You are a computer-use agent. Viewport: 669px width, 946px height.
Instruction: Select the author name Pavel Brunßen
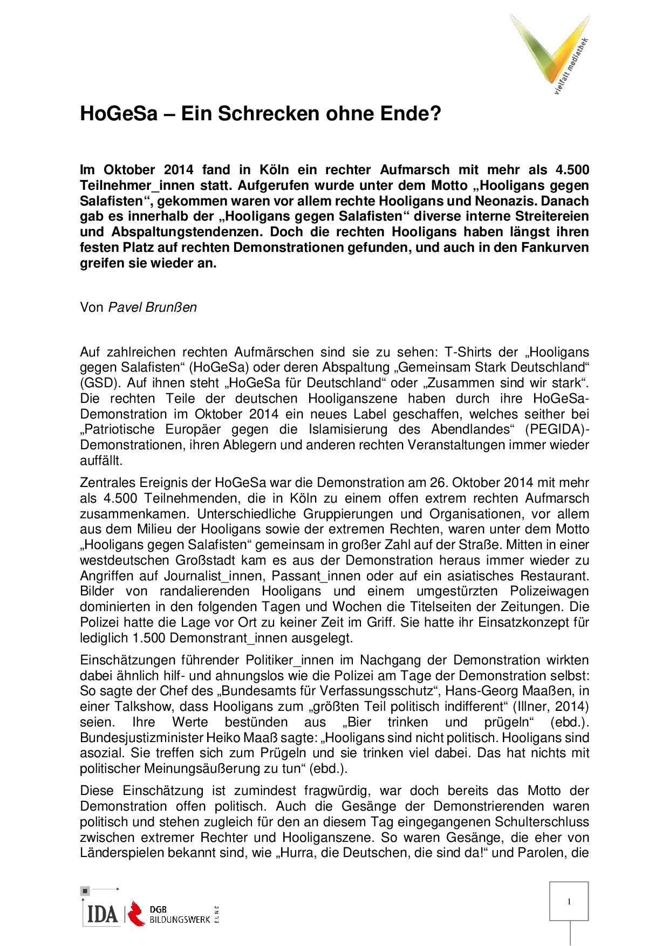point(153,307)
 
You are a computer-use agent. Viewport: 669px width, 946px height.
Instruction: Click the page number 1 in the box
point(570,901)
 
